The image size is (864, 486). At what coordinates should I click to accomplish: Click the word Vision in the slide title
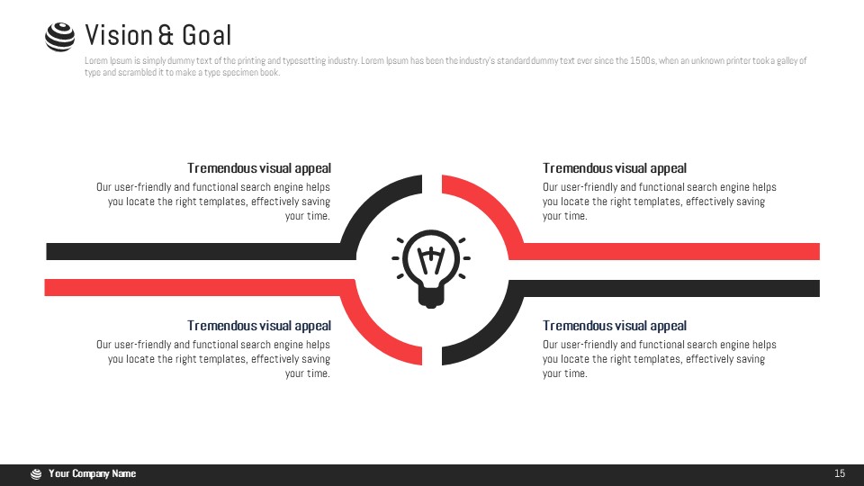pyautogui.click(x=119, y=35)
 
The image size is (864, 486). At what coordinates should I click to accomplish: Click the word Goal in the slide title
pyautogui.click(x=207, y=35)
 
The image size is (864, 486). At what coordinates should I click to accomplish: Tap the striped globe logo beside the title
pyautogui.click(x=59, y=37)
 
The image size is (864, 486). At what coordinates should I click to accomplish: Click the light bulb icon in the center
pyautogui.click(x=431, y=268)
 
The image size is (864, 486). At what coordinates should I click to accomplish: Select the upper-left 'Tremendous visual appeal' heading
pyautogui.click(x=259, y=168)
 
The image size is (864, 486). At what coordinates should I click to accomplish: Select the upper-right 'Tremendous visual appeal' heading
pyautogui.click(x=615, y=168)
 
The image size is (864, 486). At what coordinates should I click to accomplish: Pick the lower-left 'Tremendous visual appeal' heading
pyautogui.click(x=259, y=326)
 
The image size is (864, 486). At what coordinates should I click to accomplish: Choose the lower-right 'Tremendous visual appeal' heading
pyautogui.click(x=615, y=326)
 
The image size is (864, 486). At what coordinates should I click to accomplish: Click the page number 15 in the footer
pyautogui.click(x=839, y=473)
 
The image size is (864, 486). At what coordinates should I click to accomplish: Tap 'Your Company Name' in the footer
pyautogui.click(x=92, y=473)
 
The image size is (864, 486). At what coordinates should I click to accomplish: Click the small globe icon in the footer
pyautogui.click(x=36, y=474)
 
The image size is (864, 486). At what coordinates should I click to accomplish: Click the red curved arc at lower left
pyautogui.click(x=368, y=335)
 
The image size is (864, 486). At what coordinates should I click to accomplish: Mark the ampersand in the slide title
pyautogui.click(x=166, y=35)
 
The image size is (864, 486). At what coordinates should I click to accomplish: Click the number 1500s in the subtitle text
pyautogui.click(x=643, y=60)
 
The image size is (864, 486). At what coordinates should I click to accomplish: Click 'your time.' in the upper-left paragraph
pyautogui.click(x=308, y=216)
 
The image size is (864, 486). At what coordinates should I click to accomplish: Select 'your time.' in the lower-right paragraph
pyautogui.click(x=565, y=373)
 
